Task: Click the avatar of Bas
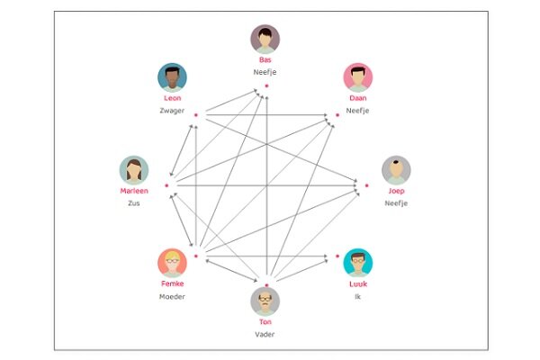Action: coord(265,39)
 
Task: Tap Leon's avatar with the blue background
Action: coord(172,77)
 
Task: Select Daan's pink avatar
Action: coord(358,77)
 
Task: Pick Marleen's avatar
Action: coord(134,170)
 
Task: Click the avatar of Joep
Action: coord(396,170)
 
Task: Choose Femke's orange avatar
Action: coord(172,263)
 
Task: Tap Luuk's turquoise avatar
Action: coord(358,263)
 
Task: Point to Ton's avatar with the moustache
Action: coord(265,301)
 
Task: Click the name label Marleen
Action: coord(134,191)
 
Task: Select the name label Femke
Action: coord(172,283)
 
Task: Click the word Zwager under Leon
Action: coord(172,111)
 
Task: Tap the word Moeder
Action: coord(172,297)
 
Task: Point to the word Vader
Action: coord(265,334)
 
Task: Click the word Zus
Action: coord(134,203)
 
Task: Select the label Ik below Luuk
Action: coord(358,297)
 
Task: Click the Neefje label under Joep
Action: coord(396,203)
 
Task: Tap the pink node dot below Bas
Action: coord(266,85)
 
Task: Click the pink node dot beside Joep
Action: coord(367,185)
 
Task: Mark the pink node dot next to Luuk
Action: coord(337,256)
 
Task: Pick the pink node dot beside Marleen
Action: coord(166,185)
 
